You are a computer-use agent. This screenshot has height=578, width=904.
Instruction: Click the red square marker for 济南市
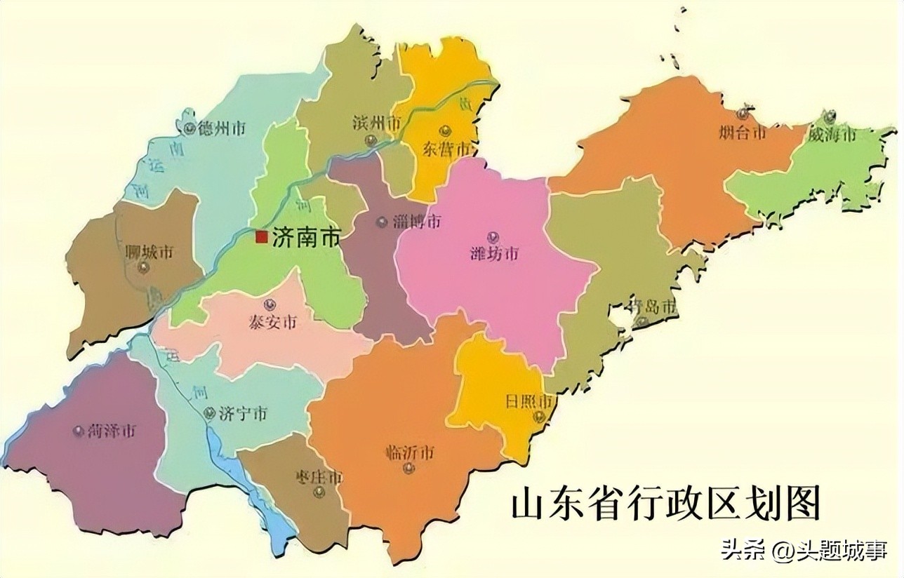[261, 237]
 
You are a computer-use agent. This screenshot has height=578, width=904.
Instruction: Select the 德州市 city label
[222, 129]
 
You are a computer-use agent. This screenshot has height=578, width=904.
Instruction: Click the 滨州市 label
[376, 123]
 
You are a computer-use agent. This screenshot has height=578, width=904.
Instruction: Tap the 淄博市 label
[417, 222]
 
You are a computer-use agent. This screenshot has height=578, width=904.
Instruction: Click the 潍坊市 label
[494, 253]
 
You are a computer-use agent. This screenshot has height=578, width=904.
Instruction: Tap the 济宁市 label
[243, 414]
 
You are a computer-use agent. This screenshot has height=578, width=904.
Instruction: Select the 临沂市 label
[409, 452]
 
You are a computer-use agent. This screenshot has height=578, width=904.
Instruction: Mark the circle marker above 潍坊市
[493, 236]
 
